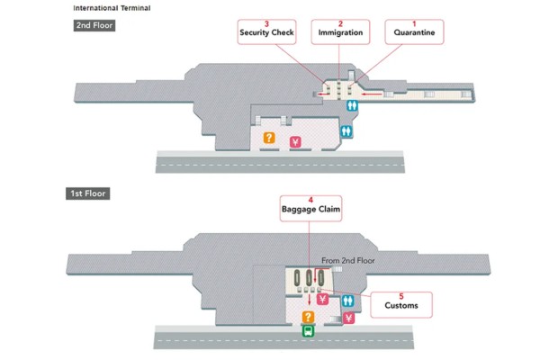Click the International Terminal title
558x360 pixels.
point(112,8)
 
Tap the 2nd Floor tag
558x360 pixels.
point(94,25)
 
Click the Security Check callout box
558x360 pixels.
point(266,32)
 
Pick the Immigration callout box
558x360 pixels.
point(340,32)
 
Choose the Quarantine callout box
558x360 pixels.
point(414,32)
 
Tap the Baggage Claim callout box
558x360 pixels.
point(310,209)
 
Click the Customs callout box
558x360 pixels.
point(401,305)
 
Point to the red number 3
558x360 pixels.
point(266,23)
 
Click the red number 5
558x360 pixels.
point(401,296)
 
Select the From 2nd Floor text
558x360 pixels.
point(346,260)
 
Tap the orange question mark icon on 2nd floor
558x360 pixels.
point(268,139)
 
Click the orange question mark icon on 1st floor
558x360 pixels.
point(308,317)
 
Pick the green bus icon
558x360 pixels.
point(308,330)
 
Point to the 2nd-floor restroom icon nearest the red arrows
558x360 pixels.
point(354,104)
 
